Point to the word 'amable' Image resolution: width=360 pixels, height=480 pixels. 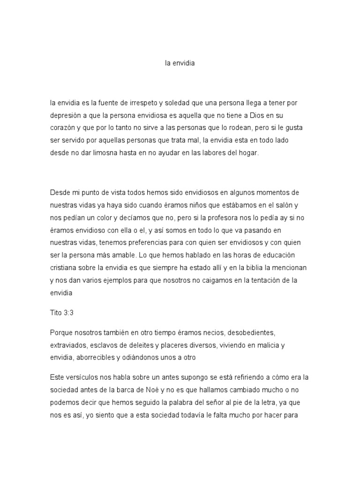(x=126, y=256)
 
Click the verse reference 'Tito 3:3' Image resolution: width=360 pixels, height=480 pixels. (x=62, y=313)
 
